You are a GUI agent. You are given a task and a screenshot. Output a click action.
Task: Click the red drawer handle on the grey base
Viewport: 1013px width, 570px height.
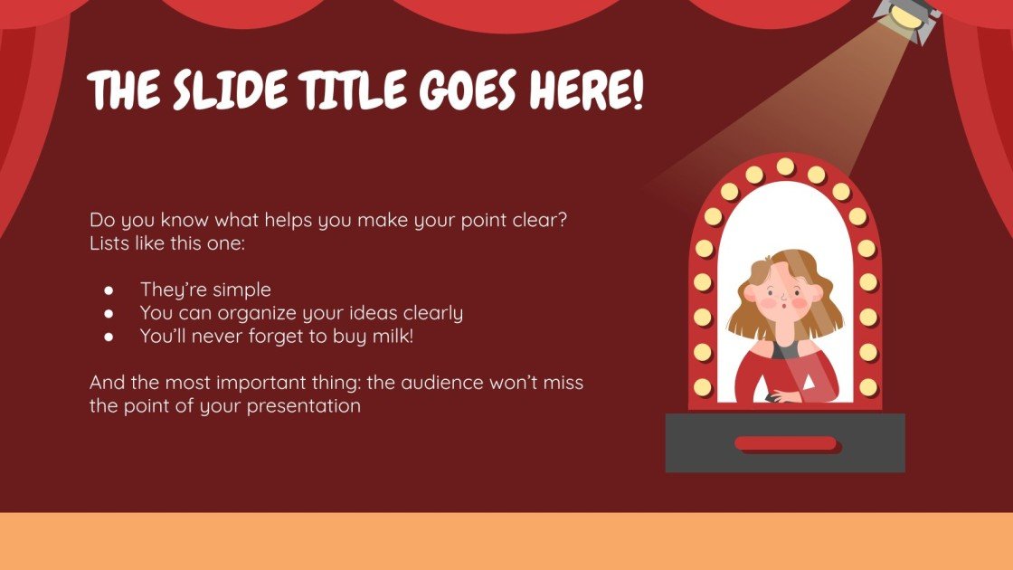[x=785, y=442]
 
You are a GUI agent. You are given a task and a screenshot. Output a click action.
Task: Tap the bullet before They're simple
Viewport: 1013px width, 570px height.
[x=109, y=290]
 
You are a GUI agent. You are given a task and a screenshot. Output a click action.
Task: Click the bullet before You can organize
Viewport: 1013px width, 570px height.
[x=109, y=314]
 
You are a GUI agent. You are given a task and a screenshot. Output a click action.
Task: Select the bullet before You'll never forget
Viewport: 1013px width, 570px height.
[x=109, y=337]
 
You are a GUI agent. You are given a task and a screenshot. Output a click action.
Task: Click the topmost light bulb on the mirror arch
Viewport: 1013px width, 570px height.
[x=785, y=166]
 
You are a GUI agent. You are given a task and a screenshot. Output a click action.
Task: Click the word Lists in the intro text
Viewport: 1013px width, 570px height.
[x=109, y=243]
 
